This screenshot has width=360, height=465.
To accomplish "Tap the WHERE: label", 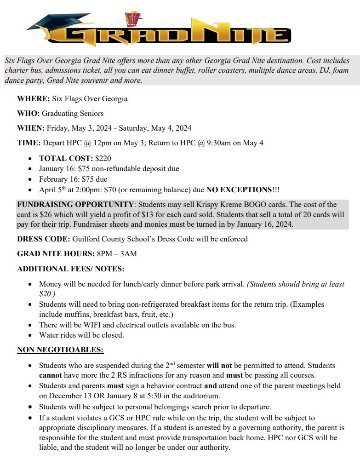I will (33, 98).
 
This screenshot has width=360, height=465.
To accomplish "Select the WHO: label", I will (29, 113).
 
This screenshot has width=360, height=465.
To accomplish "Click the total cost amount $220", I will (103, 158).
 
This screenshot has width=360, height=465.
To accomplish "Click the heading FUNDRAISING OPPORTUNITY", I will (75, 204).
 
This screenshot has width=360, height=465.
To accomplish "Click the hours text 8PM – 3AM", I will (117, 253).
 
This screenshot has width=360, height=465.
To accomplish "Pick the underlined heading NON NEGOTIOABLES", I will (60, 350).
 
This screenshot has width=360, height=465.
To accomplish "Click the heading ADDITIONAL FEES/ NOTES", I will (71, 269).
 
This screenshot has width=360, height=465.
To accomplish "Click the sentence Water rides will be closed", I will (81, 335).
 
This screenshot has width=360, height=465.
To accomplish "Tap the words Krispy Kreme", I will (206, 204).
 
